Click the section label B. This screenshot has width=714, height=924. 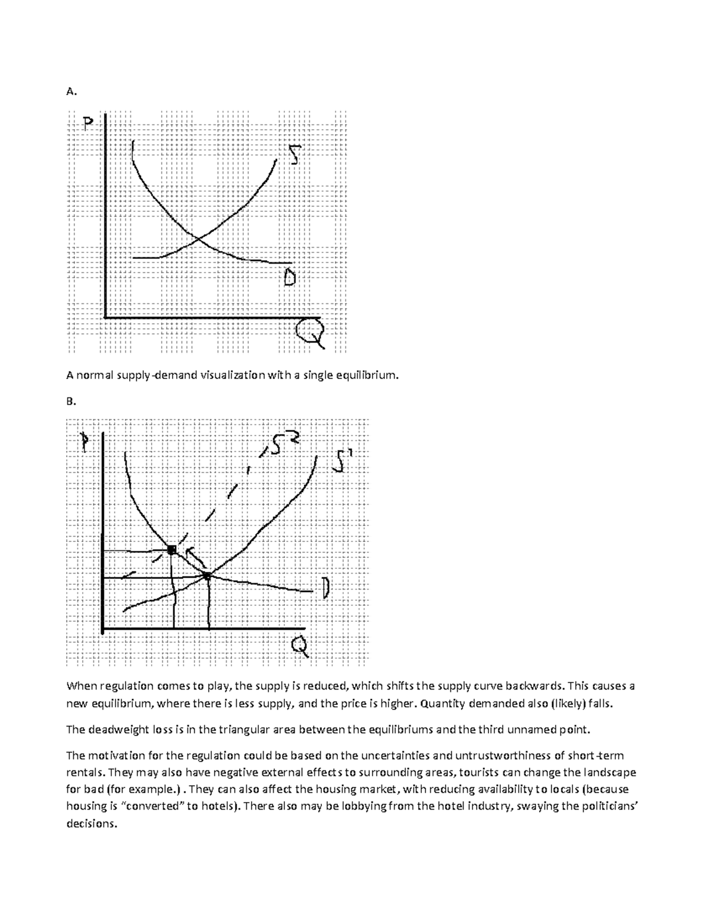[x=71, y=402]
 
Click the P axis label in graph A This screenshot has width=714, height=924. [x=89, y=124]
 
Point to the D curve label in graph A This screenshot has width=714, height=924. [x=289, y=277]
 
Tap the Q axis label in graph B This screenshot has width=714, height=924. [x=299, y=646]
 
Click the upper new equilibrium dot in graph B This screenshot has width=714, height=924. [x=171, y=550]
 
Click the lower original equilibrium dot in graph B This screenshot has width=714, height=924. [x=207, y=575]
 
